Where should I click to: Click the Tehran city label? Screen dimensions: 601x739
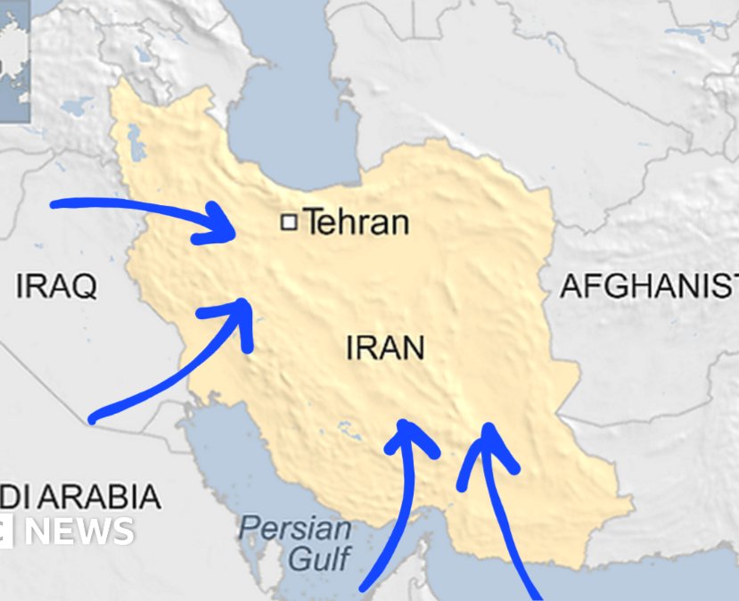pos(357,222)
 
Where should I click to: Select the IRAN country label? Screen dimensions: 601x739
pos(385,347)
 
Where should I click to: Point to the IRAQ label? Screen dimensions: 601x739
pos(56,286)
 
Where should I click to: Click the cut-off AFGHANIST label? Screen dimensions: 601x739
pos(648,286)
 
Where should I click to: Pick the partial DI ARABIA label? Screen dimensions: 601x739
pos(80,497)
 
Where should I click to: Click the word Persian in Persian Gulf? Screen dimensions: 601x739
pos(296,527)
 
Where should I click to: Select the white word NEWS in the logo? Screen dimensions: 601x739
pos(78,531)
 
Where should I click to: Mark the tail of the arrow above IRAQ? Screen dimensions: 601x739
pos(56,205)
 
